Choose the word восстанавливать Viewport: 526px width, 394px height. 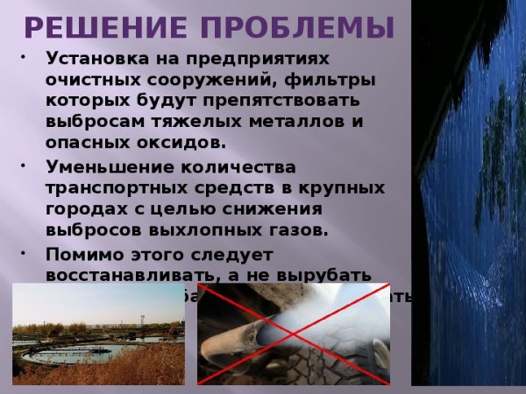click(x=117, y=276)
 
